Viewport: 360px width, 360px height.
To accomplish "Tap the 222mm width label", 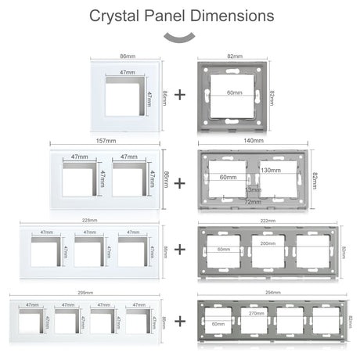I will click(269, 221).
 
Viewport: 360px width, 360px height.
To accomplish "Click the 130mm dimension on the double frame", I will click(272, 171).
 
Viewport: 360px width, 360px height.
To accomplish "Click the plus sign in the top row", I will click(180, 95).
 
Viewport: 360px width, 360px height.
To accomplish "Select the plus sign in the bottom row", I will click(180, 321).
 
